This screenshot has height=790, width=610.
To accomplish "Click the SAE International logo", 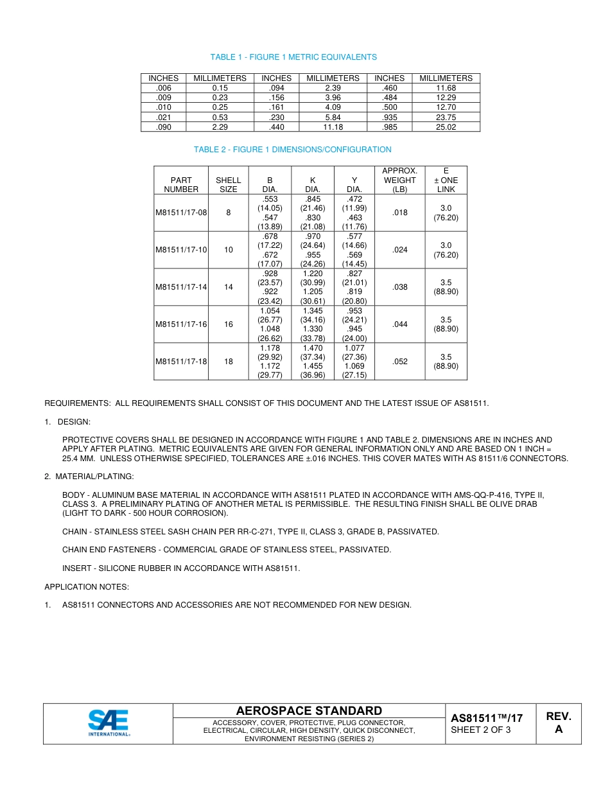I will pos(109,723).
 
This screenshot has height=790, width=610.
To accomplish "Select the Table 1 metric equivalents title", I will pos(293,57).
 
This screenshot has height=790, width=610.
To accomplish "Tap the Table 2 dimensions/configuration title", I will pos(292,150).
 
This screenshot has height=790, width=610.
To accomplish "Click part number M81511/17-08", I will pos(181,213).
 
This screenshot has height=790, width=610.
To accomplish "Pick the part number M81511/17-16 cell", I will pos(181,324).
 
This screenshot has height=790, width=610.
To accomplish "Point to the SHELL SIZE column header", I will pos(228,185).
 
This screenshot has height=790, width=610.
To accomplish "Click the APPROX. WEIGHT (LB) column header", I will pos(399,180).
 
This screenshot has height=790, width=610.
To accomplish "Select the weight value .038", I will pos(399,287).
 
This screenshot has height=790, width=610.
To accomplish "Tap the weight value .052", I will pos(399,362).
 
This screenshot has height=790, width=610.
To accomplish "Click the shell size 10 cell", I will pos(228,250).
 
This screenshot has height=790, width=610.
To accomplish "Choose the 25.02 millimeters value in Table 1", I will pos(446,127).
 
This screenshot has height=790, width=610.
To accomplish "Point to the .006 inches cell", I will pos(163,88).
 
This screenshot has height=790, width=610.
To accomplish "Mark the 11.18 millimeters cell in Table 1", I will pos(333,127).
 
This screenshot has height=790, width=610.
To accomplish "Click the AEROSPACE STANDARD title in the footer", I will pos(309,711).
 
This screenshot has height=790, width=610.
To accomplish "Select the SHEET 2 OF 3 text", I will pos(481,730).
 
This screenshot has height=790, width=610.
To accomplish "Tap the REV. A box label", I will pos(558,723).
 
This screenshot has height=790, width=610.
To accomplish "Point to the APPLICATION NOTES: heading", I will pos(87,587).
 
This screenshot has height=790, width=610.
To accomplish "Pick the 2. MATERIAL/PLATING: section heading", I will pos(89,477).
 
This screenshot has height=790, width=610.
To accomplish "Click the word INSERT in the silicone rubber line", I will pos(76,568).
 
